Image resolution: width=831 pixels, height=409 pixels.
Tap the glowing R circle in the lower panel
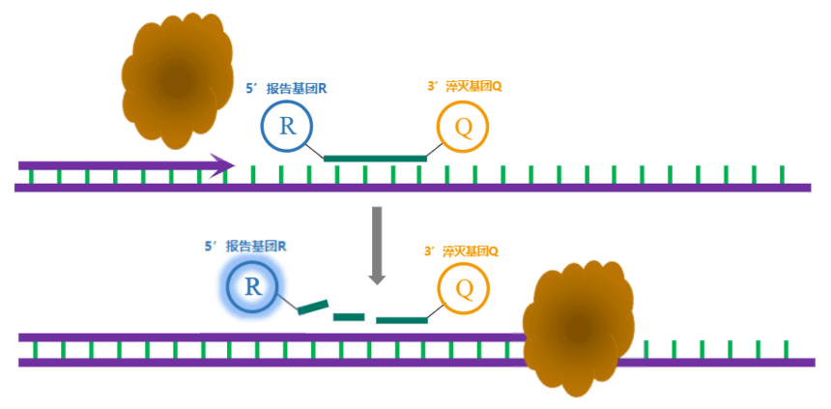[x=252, y=286]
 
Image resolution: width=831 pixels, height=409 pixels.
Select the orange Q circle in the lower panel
[x=463, y=287]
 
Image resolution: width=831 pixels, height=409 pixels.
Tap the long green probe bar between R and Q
[x=375, y=158]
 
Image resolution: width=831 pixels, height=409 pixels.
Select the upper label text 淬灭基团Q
[x=470, y=87]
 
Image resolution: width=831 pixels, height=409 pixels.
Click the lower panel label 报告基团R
[x=257, y=247]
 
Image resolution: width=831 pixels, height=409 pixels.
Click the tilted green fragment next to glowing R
[x=313, y=307]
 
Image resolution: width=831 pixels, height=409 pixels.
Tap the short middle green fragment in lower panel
[x=349, y=316]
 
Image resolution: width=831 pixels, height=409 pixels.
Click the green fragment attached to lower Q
[x=401, y=319]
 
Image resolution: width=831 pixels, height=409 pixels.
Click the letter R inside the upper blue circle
[x=287, y=126]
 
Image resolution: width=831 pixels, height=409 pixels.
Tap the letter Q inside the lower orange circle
[x=464, y=288]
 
